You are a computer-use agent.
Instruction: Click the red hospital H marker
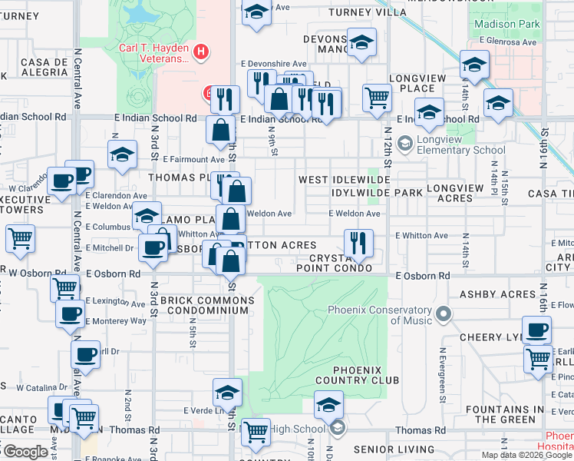pos(201,51)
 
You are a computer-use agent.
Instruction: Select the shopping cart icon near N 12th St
pos(377,98)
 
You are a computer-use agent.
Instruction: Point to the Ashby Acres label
pos(497,294)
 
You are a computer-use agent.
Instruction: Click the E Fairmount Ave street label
pos(193,159)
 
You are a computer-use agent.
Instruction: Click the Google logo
pos(25,452)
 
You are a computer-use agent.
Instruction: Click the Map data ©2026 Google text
pos(526,455)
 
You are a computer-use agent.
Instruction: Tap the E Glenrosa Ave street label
pos(506,41)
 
